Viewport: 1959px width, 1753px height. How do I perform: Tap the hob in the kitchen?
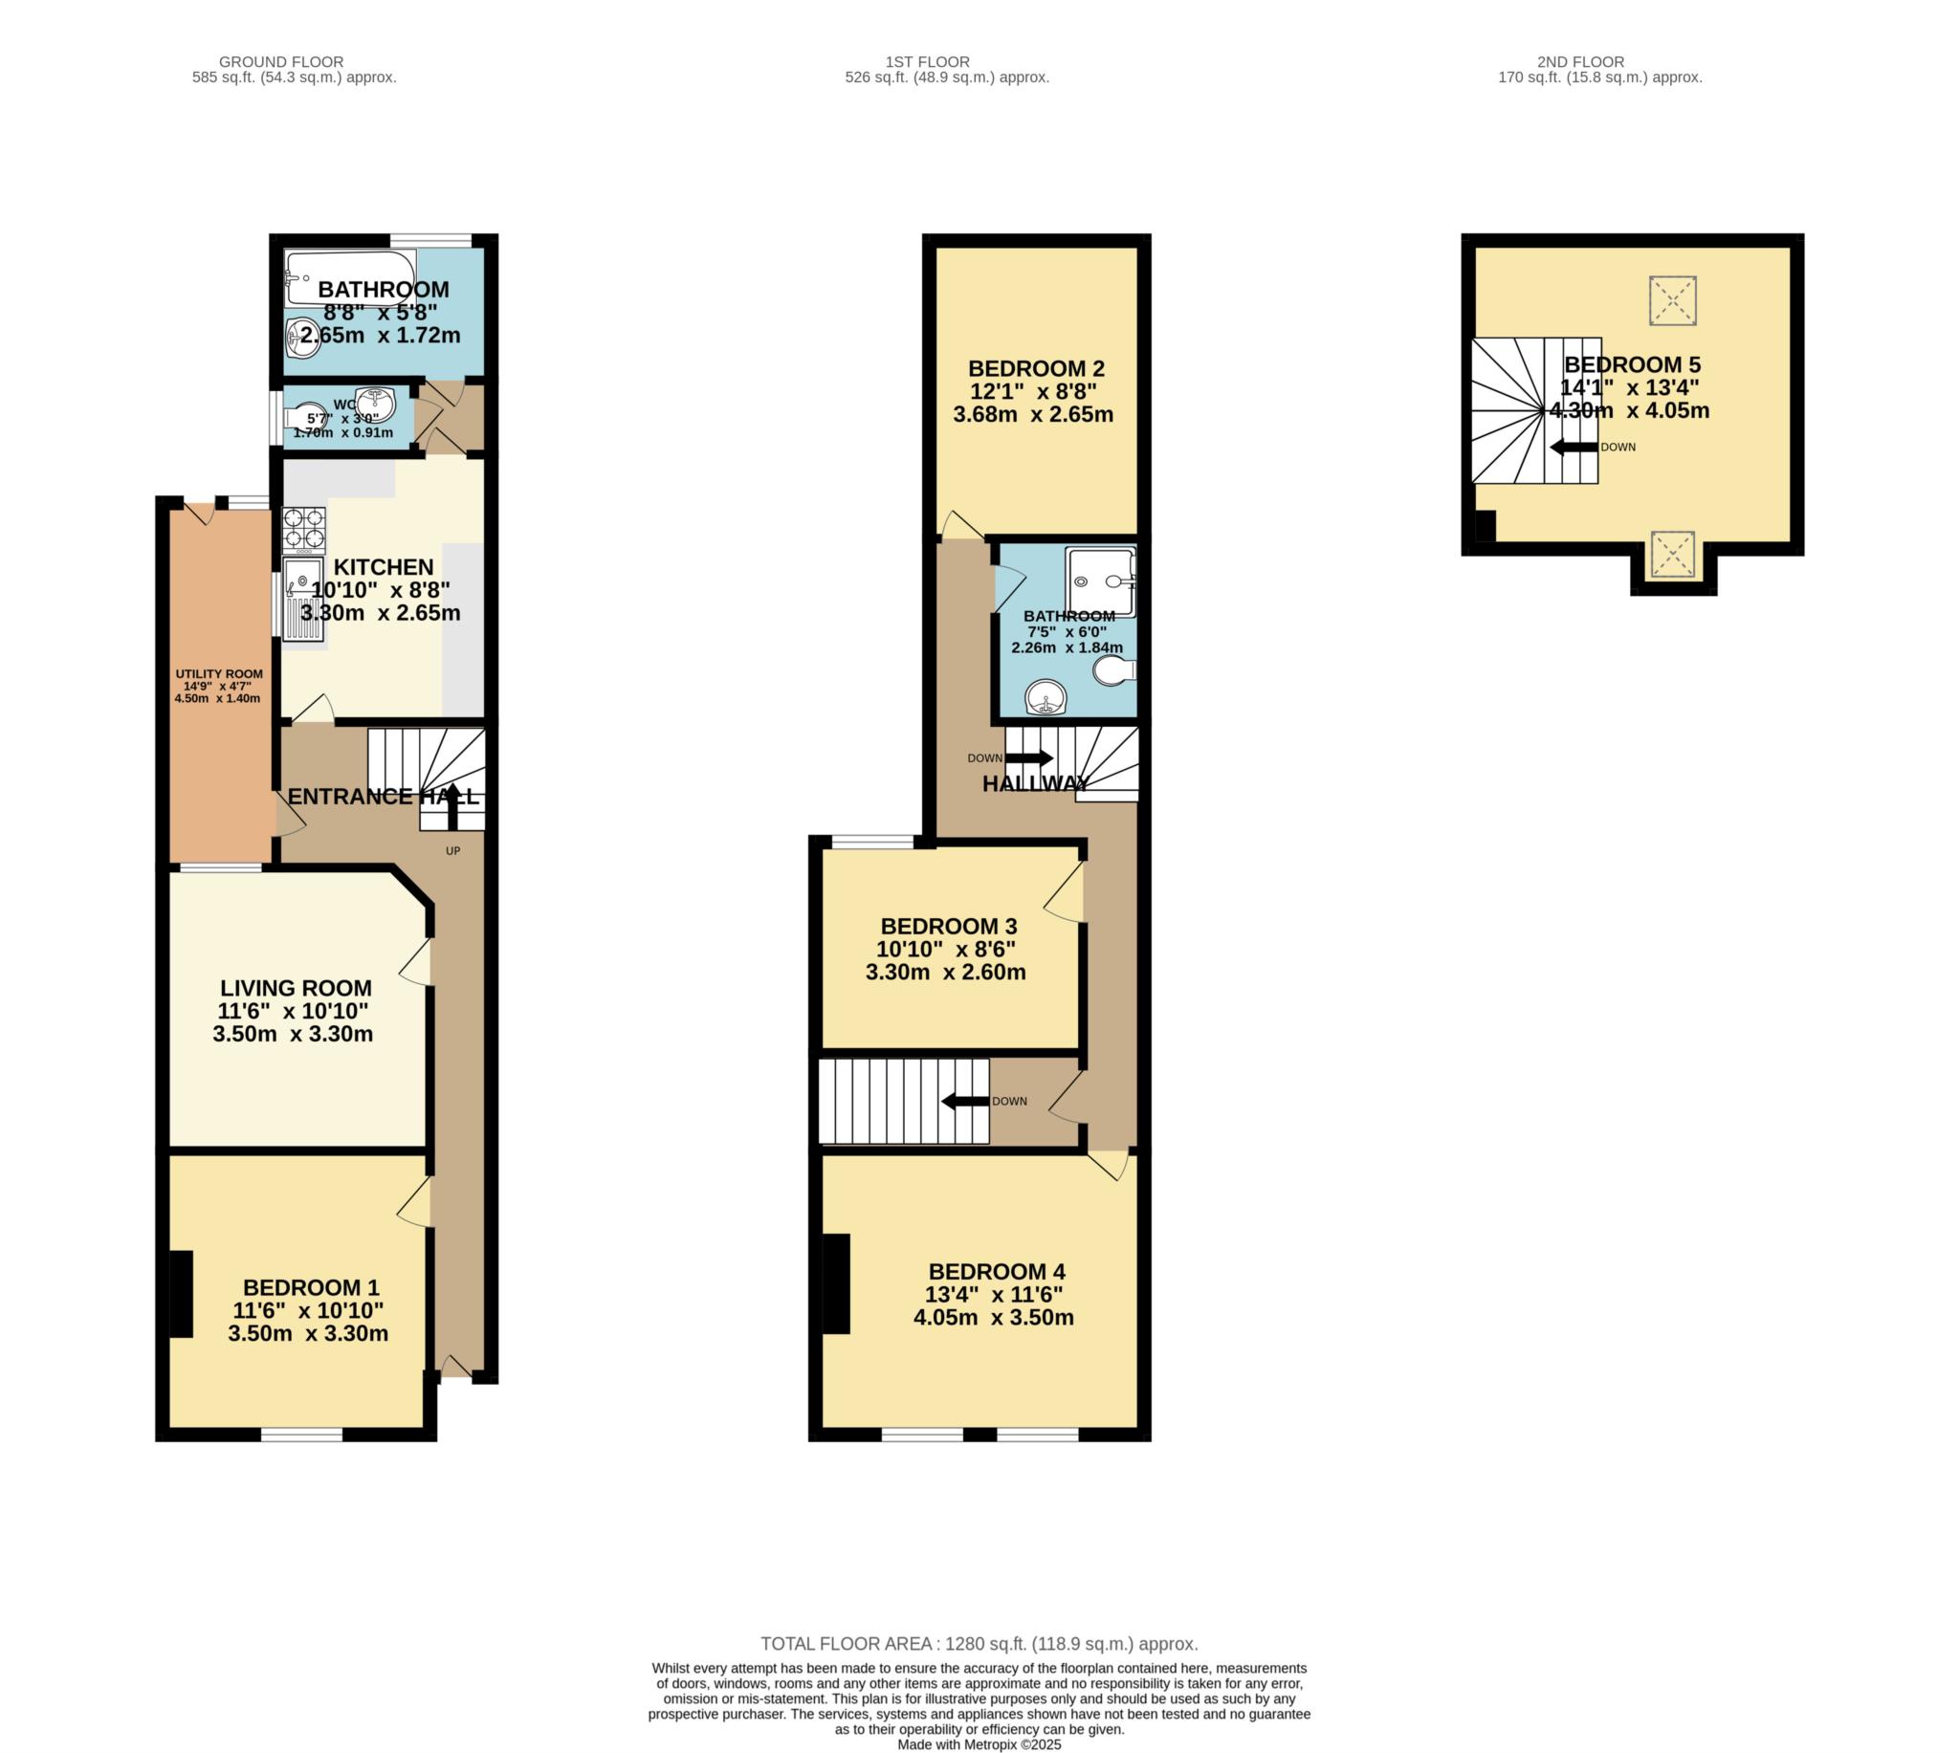tap(303, 531)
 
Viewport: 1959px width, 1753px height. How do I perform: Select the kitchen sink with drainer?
tap(302, 599)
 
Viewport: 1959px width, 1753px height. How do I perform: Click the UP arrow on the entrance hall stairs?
tap(453, 806)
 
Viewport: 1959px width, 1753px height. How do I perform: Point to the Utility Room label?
tap(218, 674)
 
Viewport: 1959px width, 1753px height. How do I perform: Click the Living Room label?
tap(296, 988)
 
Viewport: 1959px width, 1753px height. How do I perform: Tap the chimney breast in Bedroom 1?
tap(181, 1294)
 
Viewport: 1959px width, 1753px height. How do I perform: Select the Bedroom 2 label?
tap(1035, 369)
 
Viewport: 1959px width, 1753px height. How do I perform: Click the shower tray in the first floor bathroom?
tap(1101, 581)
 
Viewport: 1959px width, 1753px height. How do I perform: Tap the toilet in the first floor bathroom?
tap(1115, 670)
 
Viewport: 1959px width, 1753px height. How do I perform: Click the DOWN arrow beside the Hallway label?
tap(1028, 758)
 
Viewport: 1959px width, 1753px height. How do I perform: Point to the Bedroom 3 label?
tap(949, 927)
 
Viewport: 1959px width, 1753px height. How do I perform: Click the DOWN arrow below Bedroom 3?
tap(965, 1101)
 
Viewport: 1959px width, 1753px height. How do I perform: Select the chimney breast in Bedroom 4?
tap(836, 1284)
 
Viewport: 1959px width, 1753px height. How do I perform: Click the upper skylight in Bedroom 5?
tap(1672, 300)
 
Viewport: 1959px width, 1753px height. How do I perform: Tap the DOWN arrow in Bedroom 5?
tap(1574, 447)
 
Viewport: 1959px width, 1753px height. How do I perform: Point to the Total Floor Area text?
tap(979, 1644)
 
